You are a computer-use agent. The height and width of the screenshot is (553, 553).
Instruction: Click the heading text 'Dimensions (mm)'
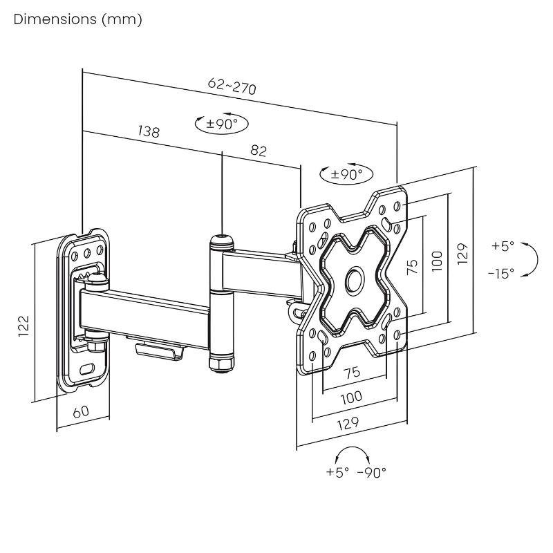tap(77, 19)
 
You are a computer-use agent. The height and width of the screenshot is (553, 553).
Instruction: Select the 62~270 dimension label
tap(232, 86)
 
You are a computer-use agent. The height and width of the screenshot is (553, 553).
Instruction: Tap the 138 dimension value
tap(148, 131)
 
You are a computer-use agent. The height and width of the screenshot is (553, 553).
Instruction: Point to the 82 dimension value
tap(258, 151)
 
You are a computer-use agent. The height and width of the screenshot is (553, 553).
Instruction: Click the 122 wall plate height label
tap(23, 324)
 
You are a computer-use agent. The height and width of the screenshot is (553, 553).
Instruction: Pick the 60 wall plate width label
tap(81, 411)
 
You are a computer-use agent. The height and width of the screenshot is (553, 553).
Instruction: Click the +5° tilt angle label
tap(503, 245)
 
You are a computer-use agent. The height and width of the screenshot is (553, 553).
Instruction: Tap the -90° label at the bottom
tap(372, 472)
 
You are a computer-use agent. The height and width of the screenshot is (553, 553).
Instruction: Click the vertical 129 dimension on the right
tap(462, 253)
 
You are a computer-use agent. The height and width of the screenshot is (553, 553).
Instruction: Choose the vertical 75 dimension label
tap(412, 267)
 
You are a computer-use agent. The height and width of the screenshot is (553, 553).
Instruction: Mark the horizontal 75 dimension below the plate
tap(352, 372)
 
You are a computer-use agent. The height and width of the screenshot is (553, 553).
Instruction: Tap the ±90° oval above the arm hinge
tap(222, 124)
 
